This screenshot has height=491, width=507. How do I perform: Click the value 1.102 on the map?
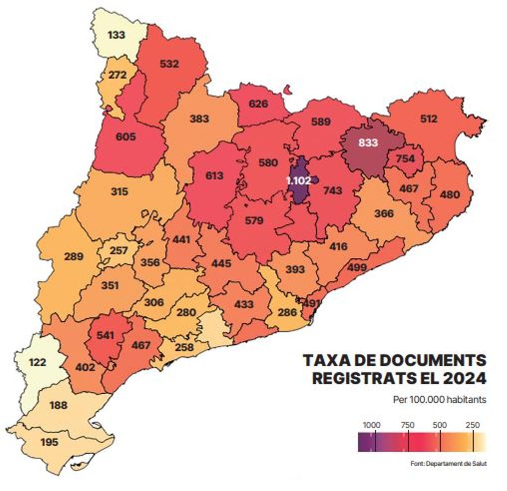[298, 181]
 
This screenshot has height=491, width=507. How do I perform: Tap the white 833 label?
[368, 143]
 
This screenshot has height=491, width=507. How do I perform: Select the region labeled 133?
[116, 35]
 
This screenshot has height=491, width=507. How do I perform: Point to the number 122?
[38, 362]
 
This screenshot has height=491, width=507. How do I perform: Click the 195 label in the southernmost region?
[49, 442]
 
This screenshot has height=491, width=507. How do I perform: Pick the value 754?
[405, 159]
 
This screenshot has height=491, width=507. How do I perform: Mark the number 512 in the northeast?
[428, 119]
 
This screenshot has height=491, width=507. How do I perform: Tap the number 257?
[119, 251]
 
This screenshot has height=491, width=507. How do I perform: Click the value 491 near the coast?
[313, 303]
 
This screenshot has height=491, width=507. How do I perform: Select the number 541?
[105, 336]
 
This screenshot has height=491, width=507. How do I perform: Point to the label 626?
[258, 103]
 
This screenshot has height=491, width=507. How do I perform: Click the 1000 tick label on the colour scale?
[372, 425]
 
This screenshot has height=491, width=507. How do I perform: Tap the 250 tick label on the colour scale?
[472, 425]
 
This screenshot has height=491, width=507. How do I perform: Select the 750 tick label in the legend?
[407, 425]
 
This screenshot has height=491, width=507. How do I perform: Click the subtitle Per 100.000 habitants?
[439, 399]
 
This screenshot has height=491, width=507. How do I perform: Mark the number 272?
[117, 75]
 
